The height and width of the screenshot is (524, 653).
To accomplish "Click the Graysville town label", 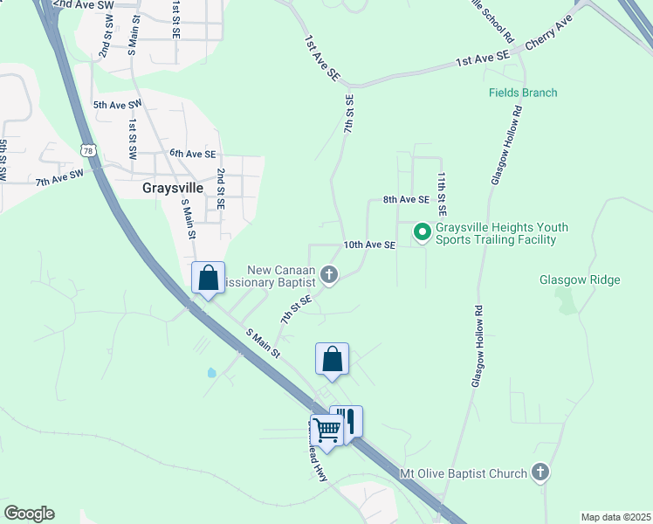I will click(x=173, y=188).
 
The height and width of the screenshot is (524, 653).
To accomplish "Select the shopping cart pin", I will click(x=326, y=429).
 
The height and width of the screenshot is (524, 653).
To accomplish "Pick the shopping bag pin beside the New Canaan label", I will click(x=209, y=279).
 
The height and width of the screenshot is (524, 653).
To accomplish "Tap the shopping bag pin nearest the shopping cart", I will click(x=333, y=359).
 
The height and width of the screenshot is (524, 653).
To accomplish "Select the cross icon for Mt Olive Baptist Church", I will click(x=540, y=473).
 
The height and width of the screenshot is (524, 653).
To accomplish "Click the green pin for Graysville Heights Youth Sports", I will click(x=422, y=232).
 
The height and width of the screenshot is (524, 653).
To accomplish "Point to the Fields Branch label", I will click(x=522, y=93).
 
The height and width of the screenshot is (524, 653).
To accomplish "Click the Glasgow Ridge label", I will click(x=580, y=279).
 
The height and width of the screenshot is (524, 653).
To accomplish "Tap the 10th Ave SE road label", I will click(x=369, y=245).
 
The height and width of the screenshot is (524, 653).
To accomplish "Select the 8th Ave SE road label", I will click(x=406, y=199).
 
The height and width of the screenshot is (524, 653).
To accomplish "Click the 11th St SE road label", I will click(x=443, y=194).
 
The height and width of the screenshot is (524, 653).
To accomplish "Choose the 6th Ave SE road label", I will click(x=192, y=154).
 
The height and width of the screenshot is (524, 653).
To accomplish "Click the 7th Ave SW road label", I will click(x=59, y=177).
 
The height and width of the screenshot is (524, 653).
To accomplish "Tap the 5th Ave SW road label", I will click(x=117, y=105).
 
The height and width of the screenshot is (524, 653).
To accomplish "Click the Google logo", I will click(x=30, y=514).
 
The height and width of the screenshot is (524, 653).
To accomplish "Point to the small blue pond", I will click(x=211, y=373).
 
